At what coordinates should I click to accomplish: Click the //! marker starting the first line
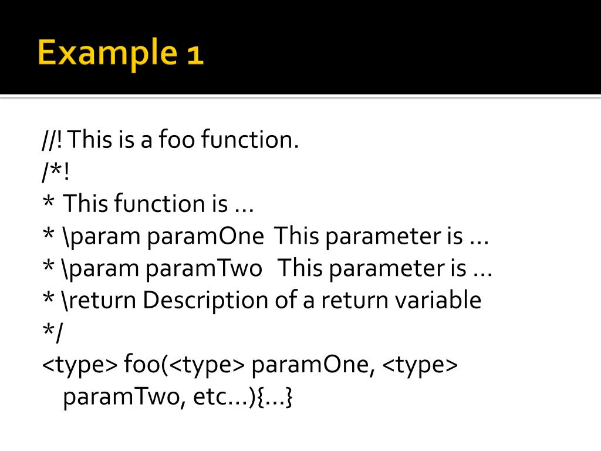coord(53,140)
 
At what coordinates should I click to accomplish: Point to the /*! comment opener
coord(55,173)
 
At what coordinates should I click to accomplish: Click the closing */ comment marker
coord(52,333)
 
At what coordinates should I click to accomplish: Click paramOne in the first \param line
coord(205,237)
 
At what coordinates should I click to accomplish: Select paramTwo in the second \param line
coord(204,269)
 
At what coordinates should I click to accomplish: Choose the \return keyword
coord(97,301)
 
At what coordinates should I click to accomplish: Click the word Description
coord(206,301)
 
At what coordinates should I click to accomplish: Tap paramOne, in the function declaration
coord(313,365)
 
